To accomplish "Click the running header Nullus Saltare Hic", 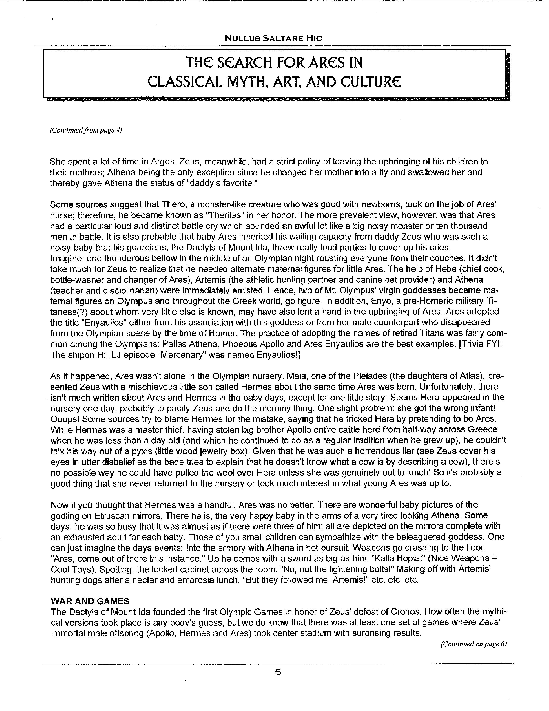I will coord(273,38).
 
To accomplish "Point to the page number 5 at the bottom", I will coord(278,672).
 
